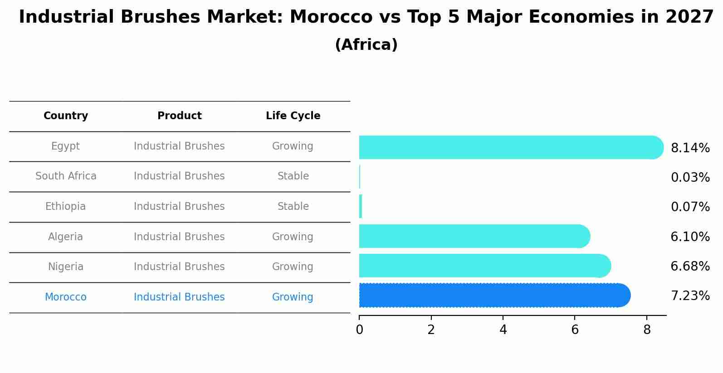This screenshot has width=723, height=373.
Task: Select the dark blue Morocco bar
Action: [494, 295]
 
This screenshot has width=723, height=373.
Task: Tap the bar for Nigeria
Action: [484, 266]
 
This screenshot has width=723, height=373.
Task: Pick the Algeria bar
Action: [474, 236]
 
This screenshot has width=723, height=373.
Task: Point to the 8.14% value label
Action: [690, 148]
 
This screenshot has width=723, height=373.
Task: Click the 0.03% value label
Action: [690, 178]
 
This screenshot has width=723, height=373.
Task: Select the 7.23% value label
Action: [690, 296]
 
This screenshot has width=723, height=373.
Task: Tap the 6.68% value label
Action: [690, 266]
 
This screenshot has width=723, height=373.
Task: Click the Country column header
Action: [66, 116]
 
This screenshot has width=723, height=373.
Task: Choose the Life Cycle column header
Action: [293, 116]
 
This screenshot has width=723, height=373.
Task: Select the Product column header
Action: [179, 116]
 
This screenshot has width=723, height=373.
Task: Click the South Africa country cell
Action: [66, 176]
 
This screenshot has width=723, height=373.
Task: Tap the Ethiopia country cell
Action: [65, 207]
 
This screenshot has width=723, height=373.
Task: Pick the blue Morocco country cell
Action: [65, 297]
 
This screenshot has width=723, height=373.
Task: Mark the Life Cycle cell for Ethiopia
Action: [293, 207]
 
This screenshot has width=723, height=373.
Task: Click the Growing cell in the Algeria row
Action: [293, 237]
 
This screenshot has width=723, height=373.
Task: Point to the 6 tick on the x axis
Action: [575, 330]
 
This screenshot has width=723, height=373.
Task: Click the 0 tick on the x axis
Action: [359, 330]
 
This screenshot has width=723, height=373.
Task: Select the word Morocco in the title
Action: [331, 17]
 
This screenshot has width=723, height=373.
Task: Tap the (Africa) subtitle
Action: [366, 45]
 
